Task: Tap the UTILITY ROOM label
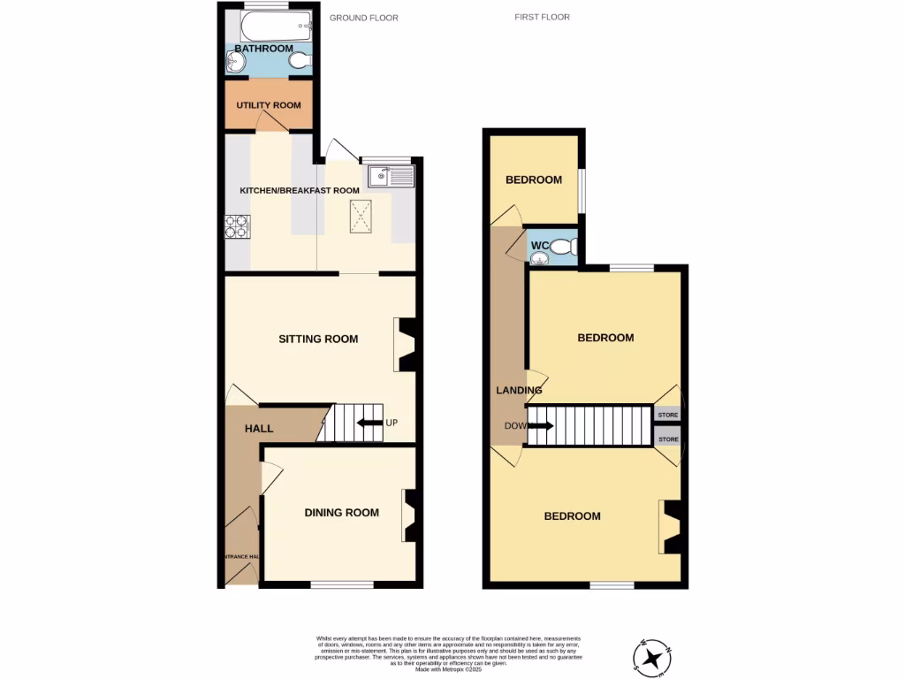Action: pos(268,105)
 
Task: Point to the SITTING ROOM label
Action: pos(318,339)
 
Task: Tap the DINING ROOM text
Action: pos(341,513)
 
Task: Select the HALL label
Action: pos(259,429)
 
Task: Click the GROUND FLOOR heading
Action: pos(363,18)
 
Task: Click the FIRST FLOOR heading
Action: pos(543,17)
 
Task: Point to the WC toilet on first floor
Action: pos(567,247)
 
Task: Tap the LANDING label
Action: pos(518,390)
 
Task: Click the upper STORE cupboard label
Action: pos(668,415)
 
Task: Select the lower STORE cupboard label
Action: pos(668,439)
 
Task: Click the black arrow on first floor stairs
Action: pos(542,426)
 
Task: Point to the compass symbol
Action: pos(653,658)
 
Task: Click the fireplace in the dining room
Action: pos(409,516)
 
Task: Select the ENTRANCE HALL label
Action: pos(240,556)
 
